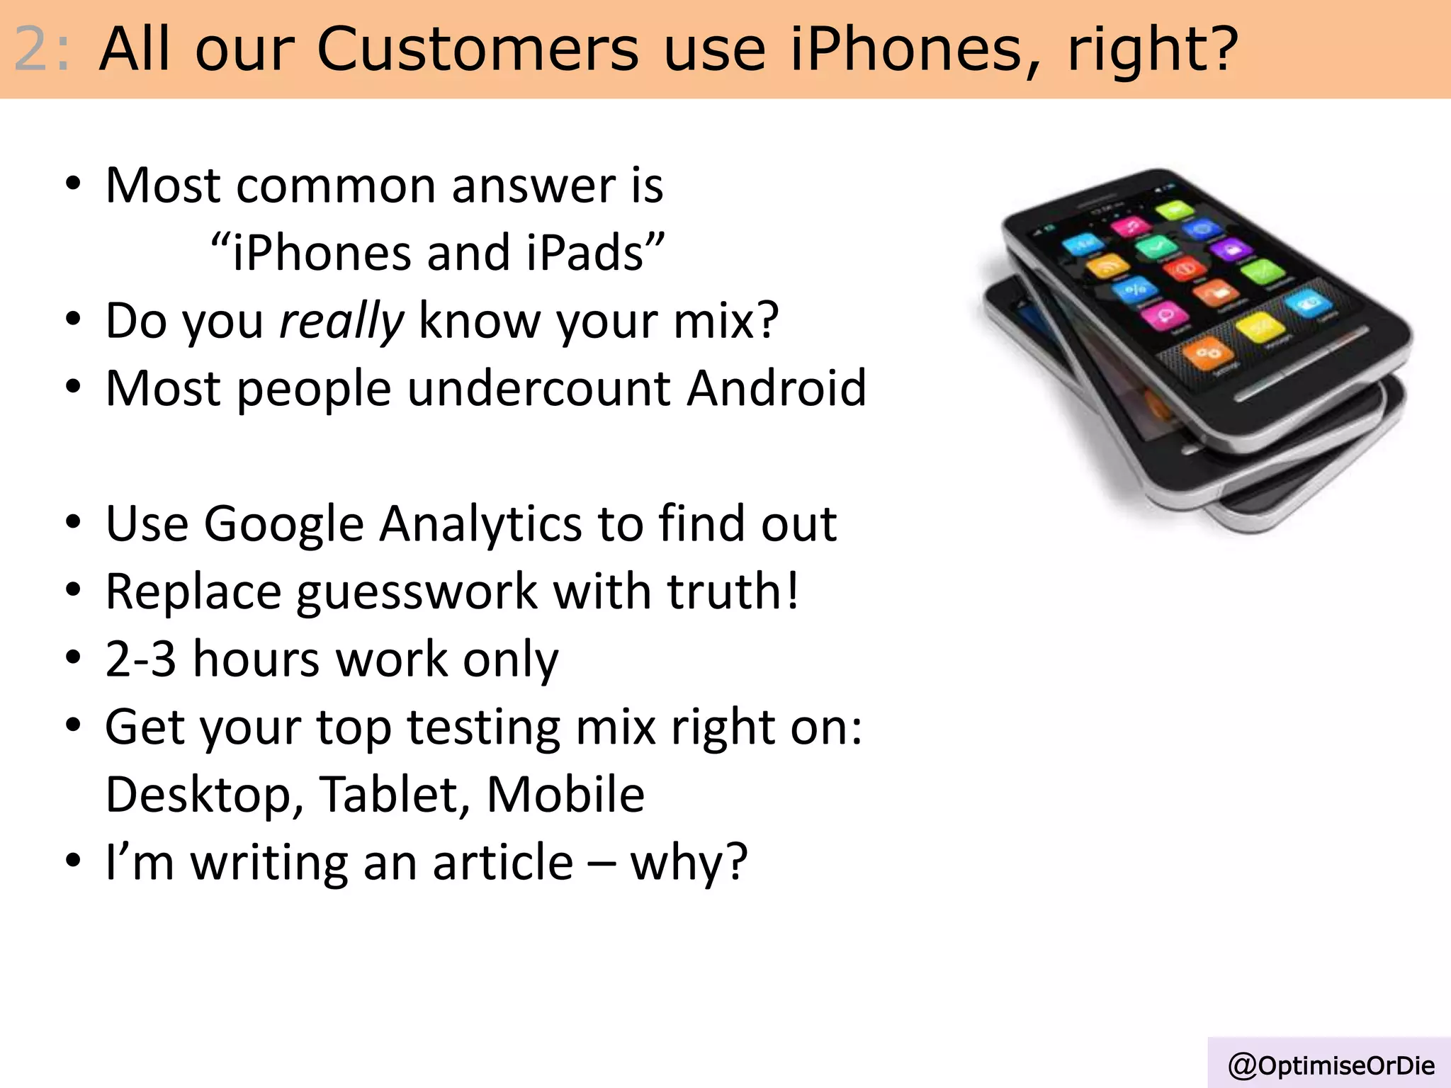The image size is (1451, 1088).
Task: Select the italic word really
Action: coord(341,320)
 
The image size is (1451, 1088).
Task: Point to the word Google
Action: coord(283,524)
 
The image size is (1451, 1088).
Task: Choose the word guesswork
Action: coord(417,592)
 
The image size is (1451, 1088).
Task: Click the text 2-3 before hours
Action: coord(140,659)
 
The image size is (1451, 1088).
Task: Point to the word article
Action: coord(502,862)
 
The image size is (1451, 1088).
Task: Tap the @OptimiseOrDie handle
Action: coord(1331,1065)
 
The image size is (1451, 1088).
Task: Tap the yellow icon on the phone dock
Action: coord(1260,327)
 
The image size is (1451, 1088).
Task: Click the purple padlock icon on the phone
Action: coord(1230,249)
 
